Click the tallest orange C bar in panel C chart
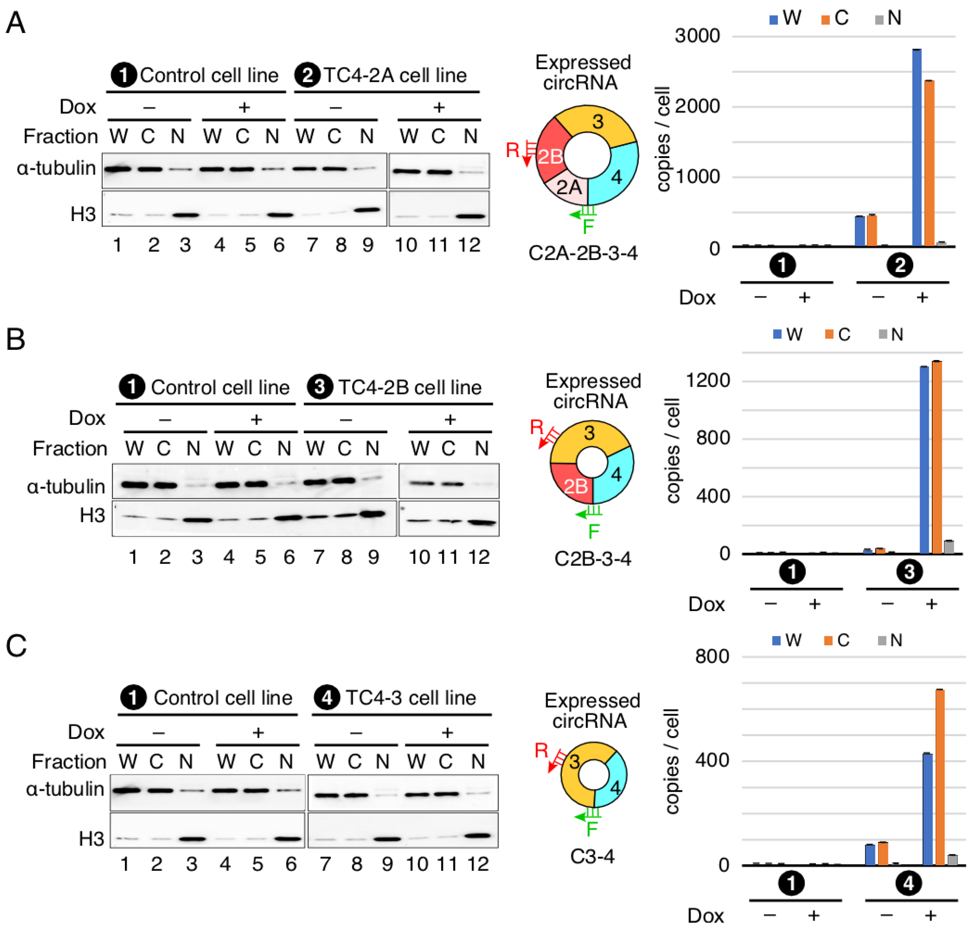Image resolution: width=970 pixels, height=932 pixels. [x=939, y=777]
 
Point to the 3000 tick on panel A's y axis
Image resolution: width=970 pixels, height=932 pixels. [x=697, y=36]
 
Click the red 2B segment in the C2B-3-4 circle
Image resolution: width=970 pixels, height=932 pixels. [x=574, y=485]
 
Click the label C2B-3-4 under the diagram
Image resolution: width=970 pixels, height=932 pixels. [x=593, y=559]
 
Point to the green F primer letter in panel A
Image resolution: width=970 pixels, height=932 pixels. [x=588, y=227]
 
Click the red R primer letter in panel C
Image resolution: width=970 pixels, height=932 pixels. [x=541, y=750]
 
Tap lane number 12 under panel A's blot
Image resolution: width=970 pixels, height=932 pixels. [x=469, y=245]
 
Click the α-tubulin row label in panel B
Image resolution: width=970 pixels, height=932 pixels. [x=66, y=487]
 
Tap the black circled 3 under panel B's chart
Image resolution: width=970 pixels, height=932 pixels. [x=909, y=572]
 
